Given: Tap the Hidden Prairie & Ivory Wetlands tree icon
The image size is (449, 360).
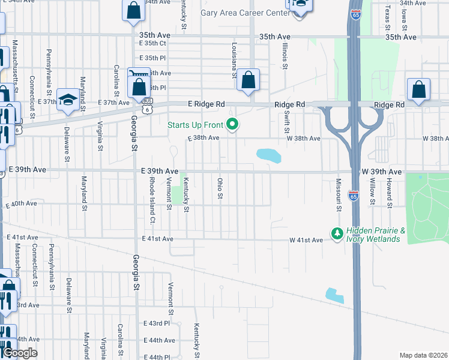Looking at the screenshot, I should pos(337,232).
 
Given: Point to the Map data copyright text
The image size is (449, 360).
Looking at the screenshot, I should pos(424,355).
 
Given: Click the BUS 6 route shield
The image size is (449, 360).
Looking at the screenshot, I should pos(148,106).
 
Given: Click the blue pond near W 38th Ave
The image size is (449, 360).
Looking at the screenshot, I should pos(268,155).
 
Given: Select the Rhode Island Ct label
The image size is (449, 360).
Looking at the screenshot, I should pos(153,194).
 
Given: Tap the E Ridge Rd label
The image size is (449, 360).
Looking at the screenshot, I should pos(208,104).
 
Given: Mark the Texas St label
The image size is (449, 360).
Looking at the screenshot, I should pos(388,18).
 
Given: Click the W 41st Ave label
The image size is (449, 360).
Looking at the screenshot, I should pos(307,240).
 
